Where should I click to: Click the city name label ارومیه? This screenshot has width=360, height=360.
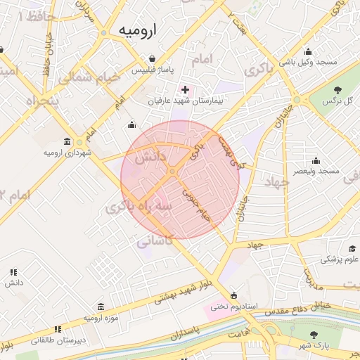point(139,30)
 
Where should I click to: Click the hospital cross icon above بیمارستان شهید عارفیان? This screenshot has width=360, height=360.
point(185,89)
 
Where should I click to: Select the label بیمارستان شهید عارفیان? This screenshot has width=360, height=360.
point(184,101)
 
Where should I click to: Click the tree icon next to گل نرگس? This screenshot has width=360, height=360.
point(337,89)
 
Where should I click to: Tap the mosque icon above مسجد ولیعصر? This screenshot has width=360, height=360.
point(316,160)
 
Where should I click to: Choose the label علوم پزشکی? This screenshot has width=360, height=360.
point(340,259)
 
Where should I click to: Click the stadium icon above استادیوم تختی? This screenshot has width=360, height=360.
point(234,295)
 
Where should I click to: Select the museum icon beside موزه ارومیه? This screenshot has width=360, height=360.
point(101,307)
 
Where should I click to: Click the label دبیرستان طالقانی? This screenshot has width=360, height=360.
point(57,340)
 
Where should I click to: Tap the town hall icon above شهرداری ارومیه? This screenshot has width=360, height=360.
point(67,141)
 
